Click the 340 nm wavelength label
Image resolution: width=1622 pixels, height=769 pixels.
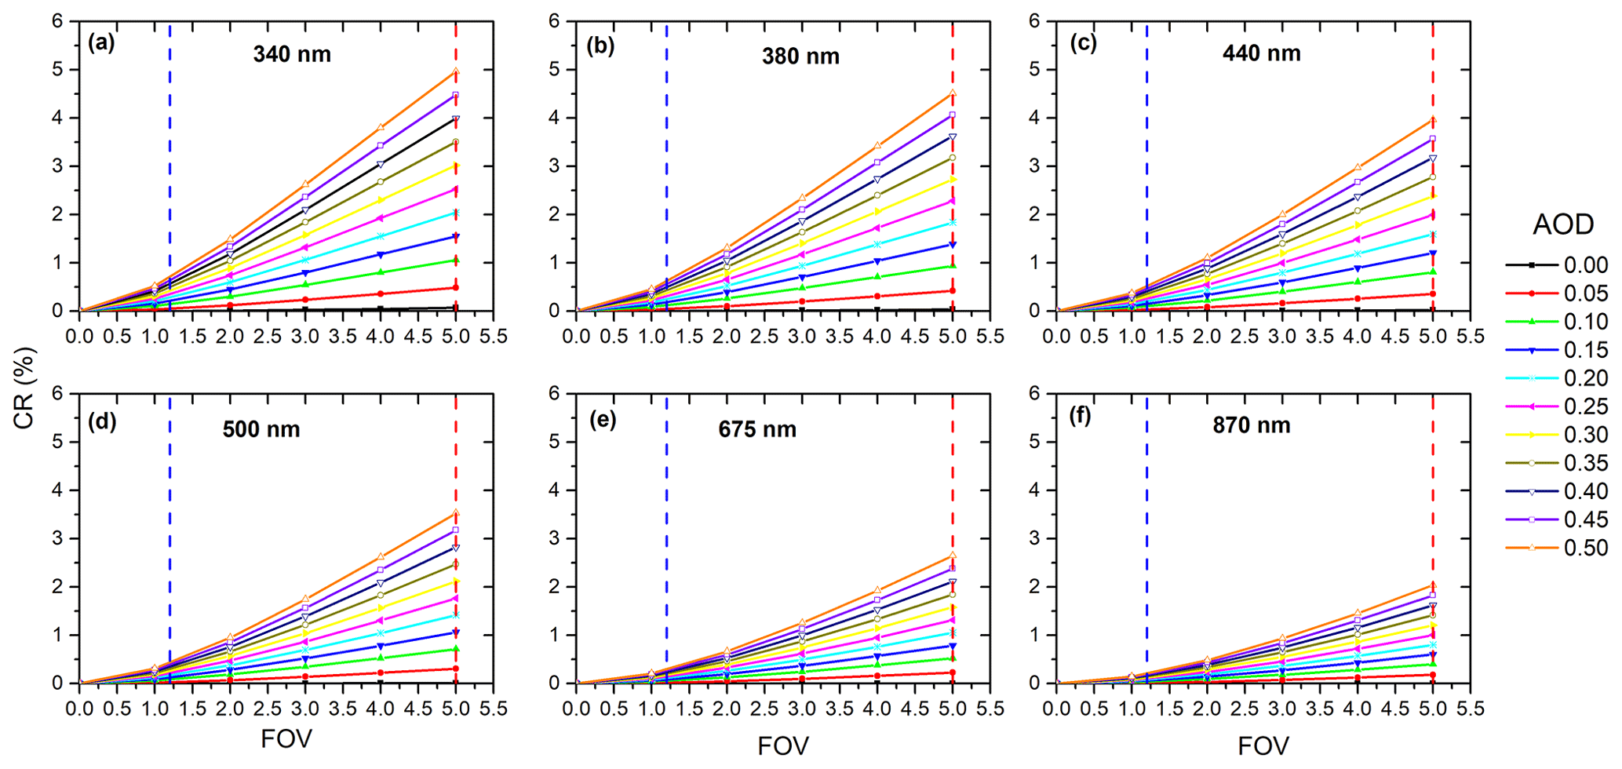click(x=292, y=54)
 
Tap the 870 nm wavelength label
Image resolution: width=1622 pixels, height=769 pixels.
click(x=1252, y=425)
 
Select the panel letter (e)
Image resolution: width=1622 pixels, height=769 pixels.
click(x=603, y=419)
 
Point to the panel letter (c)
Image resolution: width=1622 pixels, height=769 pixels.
click(x=1083, y=43)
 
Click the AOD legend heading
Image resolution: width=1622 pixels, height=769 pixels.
click(x=1563, y=225)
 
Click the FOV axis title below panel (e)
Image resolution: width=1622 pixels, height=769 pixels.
click(x=783, y=746)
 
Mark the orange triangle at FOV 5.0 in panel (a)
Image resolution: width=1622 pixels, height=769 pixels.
click(x=456, y=72)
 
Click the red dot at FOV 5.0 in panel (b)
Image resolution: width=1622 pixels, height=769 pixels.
click(x=953, y=291)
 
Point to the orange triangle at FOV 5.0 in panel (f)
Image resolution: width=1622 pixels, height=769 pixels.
click(x=1433, y=585)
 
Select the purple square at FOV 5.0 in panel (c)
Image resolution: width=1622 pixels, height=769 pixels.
click(x=1433, y=139)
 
